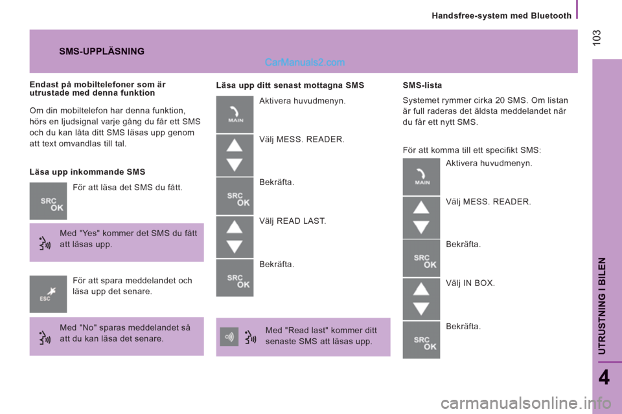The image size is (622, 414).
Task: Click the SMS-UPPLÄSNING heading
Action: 102,51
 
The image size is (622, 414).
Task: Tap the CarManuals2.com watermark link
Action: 305,62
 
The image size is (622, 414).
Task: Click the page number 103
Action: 597,38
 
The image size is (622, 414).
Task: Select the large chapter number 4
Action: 604,378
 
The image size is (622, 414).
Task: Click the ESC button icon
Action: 48,294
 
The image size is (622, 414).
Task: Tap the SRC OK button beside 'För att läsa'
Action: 48,201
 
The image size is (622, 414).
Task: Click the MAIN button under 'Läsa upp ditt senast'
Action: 235,114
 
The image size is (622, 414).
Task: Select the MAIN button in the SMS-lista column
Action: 421,177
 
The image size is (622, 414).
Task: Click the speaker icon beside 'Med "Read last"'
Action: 229,337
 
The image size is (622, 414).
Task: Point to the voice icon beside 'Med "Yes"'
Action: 45,243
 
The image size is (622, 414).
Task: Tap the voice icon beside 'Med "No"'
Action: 45,338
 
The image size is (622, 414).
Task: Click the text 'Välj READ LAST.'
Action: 292,221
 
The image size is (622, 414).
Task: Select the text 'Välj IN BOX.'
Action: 470,283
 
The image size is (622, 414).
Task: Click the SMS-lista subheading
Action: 422,85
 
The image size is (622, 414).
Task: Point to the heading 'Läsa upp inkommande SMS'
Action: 87,172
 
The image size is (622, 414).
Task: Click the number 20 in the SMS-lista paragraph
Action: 500,100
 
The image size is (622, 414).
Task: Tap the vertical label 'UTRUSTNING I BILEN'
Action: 602,305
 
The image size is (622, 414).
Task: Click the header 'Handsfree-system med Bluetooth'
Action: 501,16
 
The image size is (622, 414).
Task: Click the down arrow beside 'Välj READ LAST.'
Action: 235,246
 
